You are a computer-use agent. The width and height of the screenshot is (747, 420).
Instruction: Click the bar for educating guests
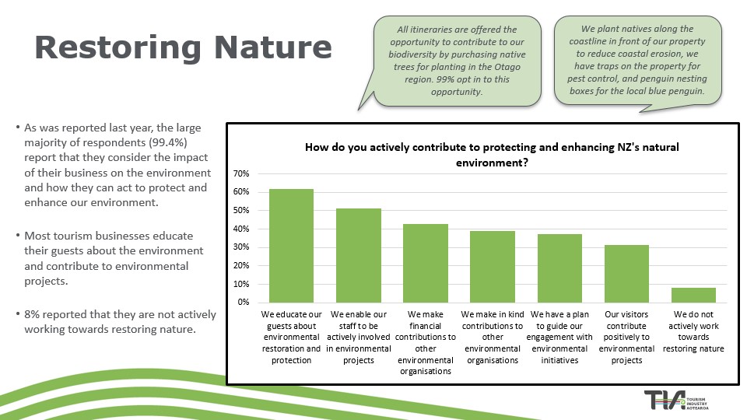[x=291, y=245]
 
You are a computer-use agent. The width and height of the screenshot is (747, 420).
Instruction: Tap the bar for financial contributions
[x=425, y=263]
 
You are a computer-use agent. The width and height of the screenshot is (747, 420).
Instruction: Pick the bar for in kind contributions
[x=492, y=266]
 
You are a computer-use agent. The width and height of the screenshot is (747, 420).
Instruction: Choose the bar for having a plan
[x=559, y=268]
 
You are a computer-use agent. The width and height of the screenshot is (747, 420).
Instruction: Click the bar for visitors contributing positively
[x=626, y=273]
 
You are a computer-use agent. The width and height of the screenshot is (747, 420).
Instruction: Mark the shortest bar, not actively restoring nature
[x=693, y=295]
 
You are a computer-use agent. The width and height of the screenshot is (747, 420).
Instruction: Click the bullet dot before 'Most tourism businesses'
[x=18, y=236]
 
